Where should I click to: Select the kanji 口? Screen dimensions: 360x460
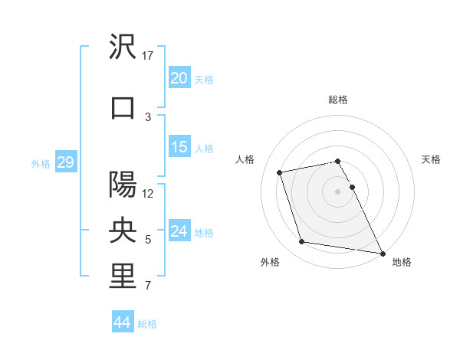[123, 106]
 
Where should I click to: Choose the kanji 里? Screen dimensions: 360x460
[123, 277]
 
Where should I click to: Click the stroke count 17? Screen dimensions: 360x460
[148, 56]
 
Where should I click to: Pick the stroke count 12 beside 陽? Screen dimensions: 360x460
[148, 194]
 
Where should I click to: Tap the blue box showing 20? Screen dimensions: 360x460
[179, 78]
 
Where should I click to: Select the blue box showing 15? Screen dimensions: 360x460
[179, 147]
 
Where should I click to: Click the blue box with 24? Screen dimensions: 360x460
[179, 231]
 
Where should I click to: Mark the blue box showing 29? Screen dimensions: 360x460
[65, 162]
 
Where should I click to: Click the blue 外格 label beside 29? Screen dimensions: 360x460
[41, 163]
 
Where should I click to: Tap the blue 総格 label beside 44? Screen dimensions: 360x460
[147, 324]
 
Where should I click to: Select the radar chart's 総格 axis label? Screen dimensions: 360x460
[338, 100]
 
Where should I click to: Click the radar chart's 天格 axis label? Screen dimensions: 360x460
[431, 159]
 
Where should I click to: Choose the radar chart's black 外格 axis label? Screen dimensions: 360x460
[270, 262]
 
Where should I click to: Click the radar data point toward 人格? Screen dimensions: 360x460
[280, 172]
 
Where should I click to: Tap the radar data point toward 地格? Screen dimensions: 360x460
[382, 252]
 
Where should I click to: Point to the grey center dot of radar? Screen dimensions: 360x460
[338, 191]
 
